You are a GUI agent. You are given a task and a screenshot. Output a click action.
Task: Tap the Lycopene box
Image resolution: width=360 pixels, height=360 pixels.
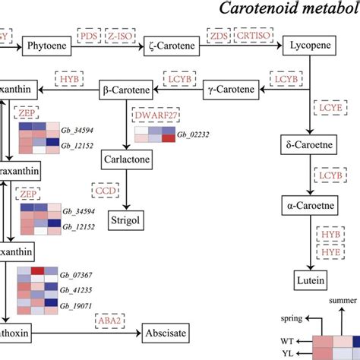308,46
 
